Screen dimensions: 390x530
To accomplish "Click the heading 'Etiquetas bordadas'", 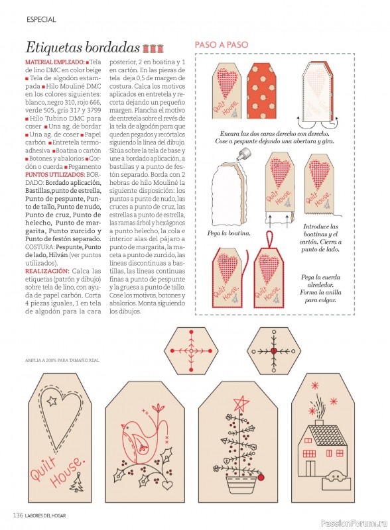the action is coord(82,47).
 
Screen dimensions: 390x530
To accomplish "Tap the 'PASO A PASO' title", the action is coord(222,44).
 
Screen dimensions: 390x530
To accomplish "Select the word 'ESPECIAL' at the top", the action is coord(41,20).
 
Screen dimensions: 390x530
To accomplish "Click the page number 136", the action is coord(18,515).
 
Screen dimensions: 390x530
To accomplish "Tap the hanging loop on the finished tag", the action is coord(270,240).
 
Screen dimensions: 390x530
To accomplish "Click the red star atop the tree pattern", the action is coord(241,403).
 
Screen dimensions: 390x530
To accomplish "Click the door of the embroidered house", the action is coord(310,468).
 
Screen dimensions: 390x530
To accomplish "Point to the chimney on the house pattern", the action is coord(319,423).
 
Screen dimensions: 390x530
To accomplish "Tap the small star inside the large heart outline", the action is coord(52,401).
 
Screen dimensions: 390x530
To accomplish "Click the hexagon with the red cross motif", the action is coord(191,351).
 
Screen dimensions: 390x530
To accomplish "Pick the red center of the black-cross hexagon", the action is coord(274,351).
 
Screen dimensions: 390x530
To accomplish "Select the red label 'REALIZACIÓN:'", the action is coord(47,271).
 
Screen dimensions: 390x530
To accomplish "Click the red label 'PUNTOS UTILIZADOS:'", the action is coord(55,175).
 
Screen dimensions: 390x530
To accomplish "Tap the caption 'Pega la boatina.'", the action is coord(229,233).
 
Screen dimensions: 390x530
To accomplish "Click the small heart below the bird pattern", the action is coord(167,485).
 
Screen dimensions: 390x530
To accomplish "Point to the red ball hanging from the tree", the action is coord(261,478).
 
